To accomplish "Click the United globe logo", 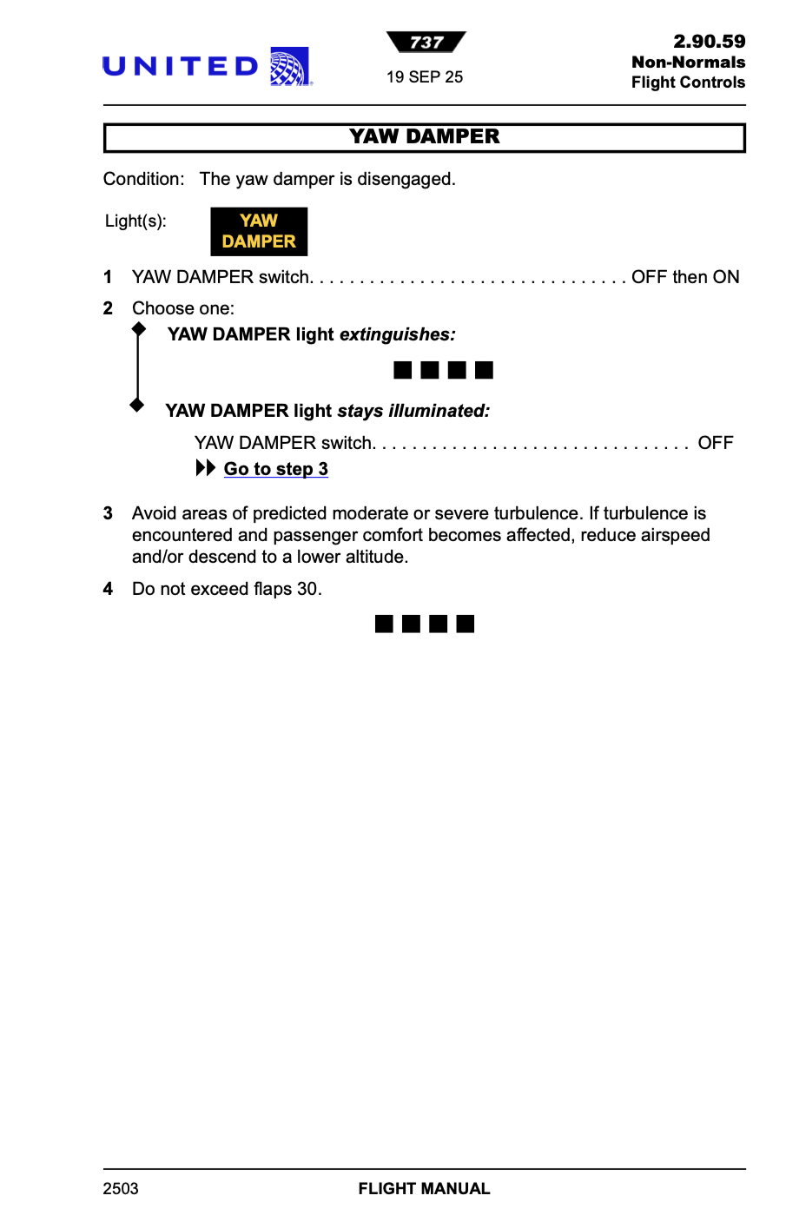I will click(290, 67).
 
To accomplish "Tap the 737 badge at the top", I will click(426, 43).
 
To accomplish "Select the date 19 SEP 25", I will click(425, 77).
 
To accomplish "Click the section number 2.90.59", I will click(709, 42).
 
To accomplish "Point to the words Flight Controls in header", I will click(688, 83).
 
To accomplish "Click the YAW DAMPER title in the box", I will click(424, 136).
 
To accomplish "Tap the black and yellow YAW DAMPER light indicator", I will click(259, 231).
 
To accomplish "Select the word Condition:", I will click(143, 179).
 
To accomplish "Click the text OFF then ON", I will click(685, 277).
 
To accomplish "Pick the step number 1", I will click(108, 277).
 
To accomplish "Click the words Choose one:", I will click(183, 308).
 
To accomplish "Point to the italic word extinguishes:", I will click(397, 334).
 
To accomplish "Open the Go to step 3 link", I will click(275, 469).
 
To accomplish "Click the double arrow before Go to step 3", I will click(205, 468).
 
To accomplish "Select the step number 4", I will click(108, 589).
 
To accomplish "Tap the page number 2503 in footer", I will click(121, 1188).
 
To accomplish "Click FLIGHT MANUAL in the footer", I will click(424, 1188).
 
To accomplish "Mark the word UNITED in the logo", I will click(181, 67).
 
